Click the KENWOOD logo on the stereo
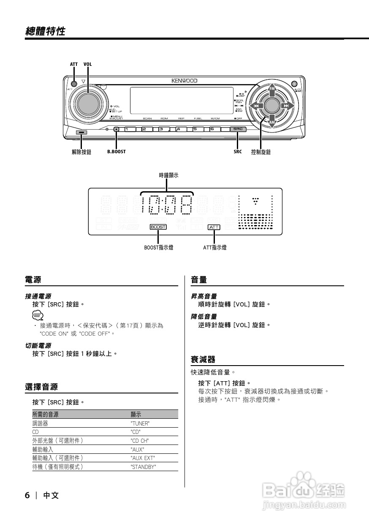click(x=184, y=80)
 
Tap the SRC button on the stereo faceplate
click(x=238, y=129)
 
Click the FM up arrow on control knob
click(x=272, y=89)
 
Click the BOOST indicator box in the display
click(x=158, y=227)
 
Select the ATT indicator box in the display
click(x=214, y=227)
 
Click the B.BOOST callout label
click(x=116, y=152)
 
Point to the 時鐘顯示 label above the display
click(x=168, y=175)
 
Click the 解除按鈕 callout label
click(x=81, y=152)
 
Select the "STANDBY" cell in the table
click(x=144, y=466)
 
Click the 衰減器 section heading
click(x=203, y=360)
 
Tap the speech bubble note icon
click(x=38, y=315)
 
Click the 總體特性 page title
click(x=45, y=31)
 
